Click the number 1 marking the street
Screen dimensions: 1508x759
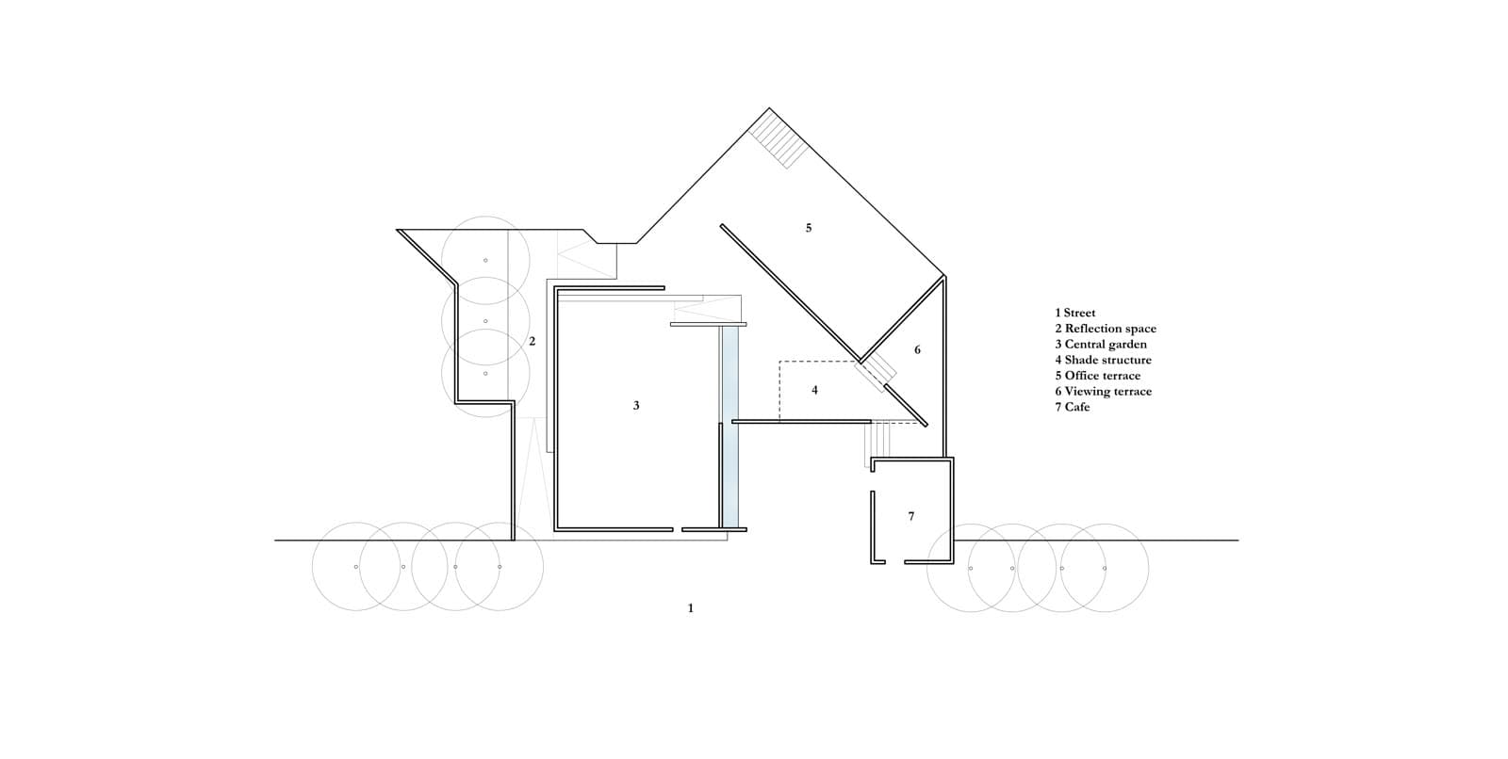click(690, 608)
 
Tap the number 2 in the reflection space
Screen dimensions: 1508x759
click(532, 342)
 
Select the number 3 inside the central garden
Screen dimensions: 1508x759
click(636, 406)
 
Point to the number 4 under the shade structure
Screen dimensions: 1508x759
click(814, 390)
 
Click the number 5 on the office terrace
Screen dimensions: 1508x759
click(809, 228)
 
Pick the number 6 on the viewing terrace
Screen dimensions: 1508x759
click(917, 350)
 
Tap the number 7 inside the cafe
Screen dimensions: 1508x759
click(910, 516)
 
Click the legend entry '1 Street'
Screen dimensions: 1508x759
click(1075, 313)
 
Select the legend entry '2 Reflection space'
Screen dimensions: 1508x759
click(1106, 329)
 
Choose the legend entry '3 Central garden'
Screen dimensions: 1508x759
click(1101, 345)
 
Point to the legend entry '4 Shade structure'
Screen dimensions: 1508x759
click(1104, 360)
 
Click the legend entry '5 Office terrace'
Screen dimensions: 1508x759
click(1098, 376)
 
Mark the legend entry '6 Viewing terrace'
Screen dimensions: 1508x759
click(1104, 392)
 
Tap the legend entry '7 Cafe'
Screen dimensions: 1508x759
click(1072, 407)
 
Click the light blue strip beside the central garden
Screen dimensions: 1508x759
click(730, 427)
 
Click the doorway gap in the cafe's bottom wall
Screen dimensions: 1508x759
click(894, 562)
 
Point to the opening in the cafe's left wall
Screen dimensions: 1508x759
click(873, 482)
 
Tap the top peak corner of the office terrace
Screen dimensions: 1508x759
click(769, 107)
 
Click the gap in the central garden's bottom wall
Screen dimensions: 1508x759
click(678, 529)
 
